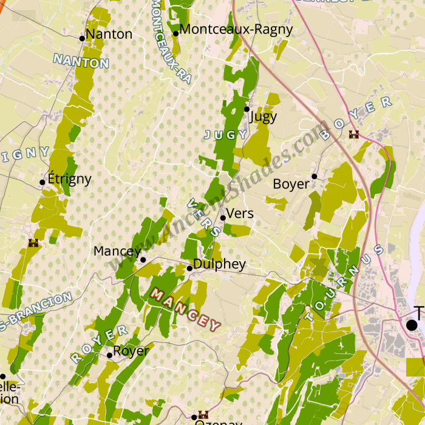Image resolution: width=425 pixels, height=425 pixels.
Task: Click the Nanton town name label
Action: click(109, 34)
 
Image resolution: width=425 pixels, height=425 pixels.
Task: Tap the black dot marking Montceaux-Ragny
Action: click(175, 33)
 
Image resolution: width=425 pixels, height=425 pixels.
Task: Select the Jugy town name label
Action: click(263, 117)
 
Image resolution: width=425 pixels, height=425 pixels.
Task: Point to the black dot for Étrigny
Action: click(42, 182)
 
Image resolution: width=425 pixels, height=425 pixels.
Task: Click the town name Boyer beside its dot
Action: click(291, 183)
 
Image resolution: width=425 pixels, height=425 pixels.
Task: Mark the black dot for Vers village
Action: click(223, 217)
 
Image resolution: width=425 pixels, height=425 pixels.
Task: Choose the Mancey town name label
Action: click(117, 251)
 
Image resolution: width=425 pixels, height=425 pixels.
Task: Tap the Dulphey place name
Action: click(219, 264)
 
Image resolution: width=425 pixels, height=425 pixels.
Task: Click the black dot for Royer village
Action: click(109, 355)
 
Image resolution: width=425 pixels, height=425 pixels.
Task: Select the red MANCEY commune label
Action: click(185, 310)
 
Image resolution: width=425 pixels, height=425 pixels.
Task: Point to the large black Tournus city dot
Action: click(412, 325)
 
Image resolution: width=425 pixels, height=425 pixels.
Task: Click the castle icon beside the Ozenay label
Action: click(203, 415)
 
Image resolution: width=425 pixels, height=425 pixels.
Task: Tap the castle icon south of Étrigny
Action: click(33, 243)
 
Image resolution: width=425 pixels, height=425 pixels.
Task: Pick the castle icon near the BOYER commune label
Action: click(354, 134)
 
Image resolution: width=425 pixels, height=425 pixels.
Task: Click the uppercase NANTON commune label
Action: click(81, 61)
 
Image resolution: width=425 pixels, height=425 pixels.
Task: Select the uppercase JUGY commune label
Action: click(226, 135)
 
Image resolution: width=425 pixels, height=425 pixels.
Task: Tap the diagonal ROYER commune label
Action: click(100, 344)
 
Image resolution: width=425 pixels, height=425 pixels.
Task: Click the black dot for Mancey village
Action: click(143, 260)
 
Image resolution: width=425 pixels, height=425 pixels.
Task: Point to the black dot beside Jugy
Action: click(246, 109)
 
